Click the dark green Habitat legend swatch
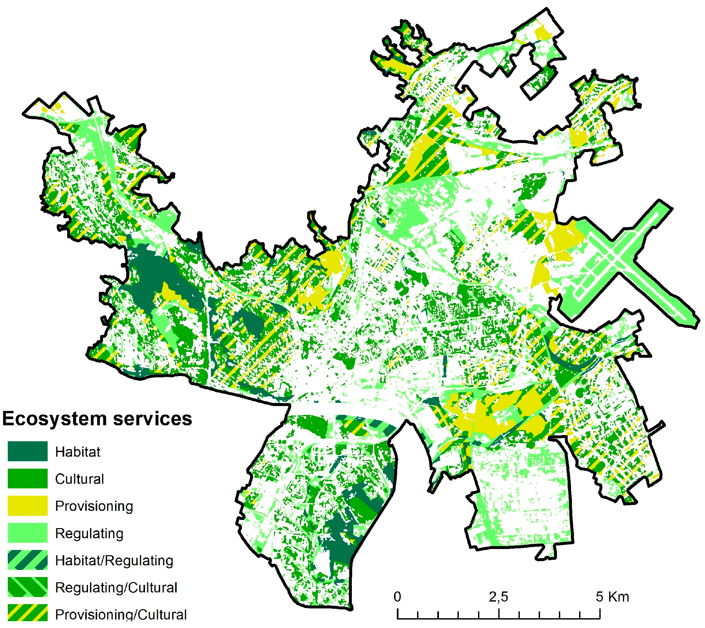pos(28,451)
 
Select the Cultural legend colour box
pos(28,478)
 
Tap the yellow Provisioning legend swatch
pos(28,506)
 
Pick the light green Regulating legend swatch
pos(28,533)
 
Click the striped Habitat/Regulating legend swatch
pos(28,560)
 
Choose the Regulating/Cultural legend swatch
pos(28,587)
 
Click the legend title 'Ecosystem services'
pos(97,419)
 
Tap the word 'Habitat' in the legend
pos(78,452)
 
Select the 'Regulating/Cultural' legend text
pos(116,587)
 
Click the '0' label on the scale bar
pos(397,596)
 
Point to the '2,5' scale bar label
pos(498,596)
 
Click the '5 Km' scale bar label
pos(612,596)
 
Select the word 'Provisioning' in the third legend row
pos(94,506)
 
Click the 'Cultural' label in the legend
pos(79,479)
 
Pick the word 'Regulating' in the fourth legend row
pos(89,533)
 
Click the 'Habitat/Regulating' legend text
pos(114,560)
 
